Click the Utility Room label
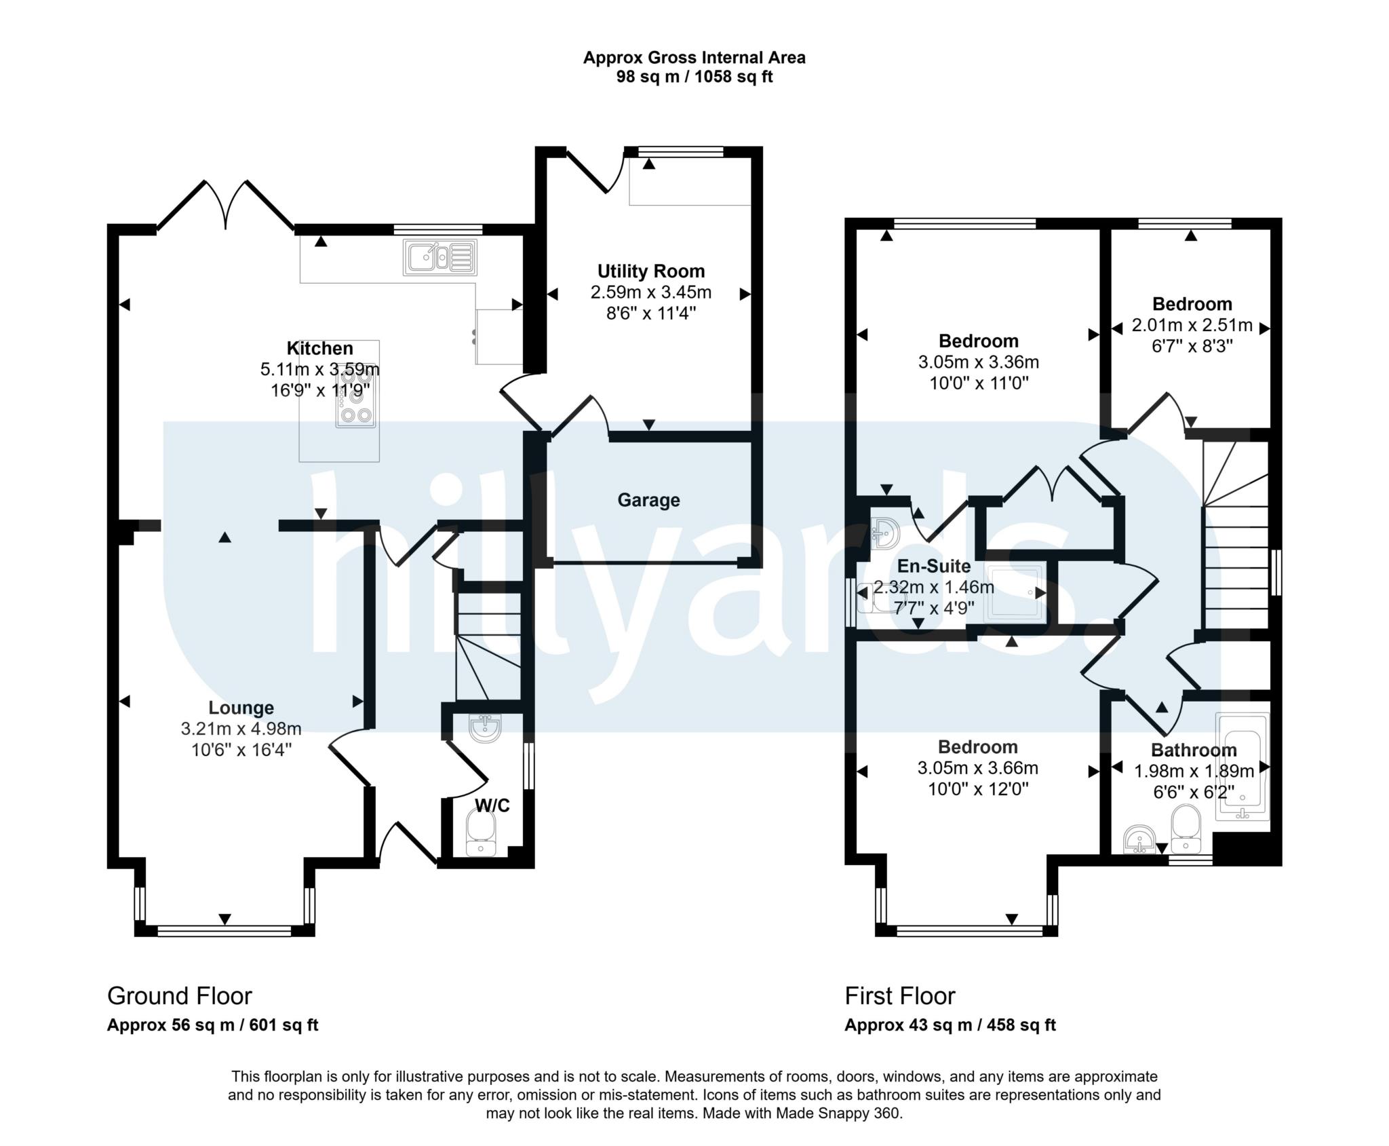(x=650, y=271)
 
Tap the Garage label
(x=648, y=500)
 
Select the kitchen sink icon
(x=439, y=257)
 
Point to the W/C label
(x=492, y=805)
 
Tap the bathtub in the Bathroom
(x=1242, y=767)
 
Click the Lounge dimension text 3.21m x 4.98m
(x=241, y=729)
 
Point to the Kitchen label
(x=319, y=348)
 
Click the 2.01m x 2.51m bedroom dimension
(x=1192, y=325)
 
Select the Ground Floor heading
(x=179, y=996)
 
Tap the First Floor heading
(x=899, y=996)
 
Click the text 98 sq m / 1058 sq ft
(x=694, y=77)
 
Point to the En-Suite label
(x=933, y=566)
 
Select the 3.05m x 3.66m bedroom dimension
(x=977, y=768)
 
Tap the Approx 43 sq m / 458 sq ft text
(x=950, y=1025)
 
